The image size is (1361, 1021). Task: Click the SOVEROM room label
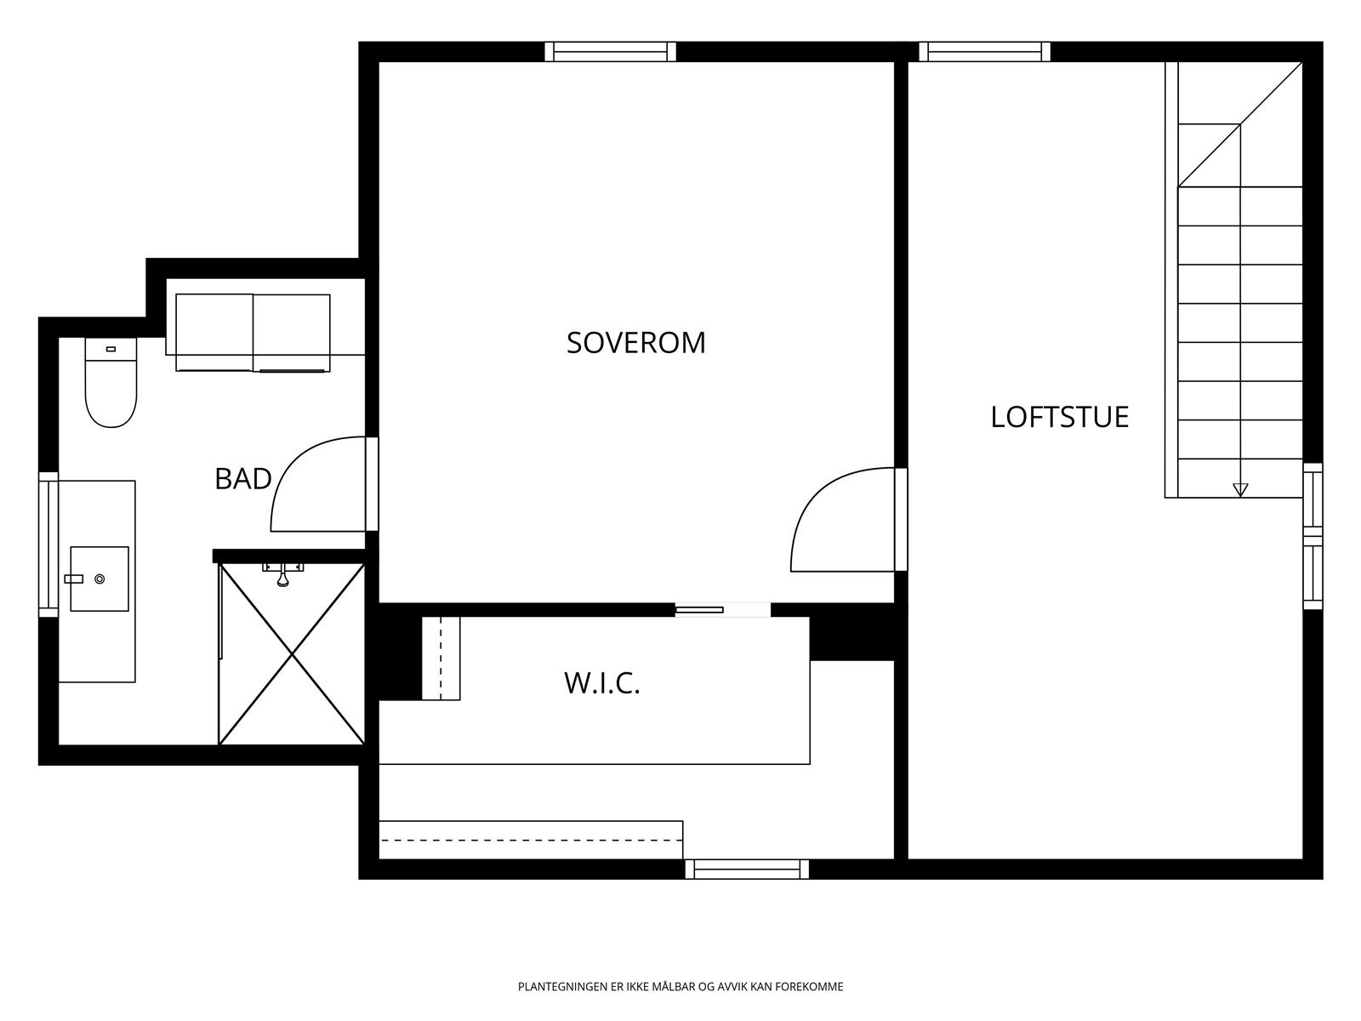636,343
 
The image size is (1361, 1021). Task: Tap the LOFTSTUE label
1060,417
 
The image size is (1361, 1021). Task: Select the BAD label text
243,479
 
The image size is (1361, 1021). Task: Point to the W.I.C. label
602,683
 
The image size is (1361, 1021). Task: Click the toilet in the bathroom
111,383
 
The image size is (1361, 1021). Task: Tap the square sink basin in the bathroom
100,579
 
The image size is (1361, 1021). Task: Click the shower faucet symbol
282,574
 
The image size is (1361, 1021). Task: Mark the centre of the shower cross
292,653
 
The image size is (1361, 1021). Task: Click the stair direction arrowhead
1240,490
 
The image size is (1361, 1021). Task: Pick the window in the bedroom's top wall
611,51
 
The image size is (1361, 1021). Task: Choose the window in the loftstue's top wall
985,51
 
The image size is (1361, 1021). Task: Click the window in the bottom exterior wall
747,869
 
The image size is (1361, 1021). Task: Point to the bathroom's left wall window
48,545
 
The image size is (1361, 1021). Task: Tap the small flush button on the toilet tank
111,349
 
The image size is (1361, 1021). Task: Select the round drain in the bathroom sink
100,579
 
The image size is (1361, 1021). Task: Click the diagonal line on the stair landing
1240,124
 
